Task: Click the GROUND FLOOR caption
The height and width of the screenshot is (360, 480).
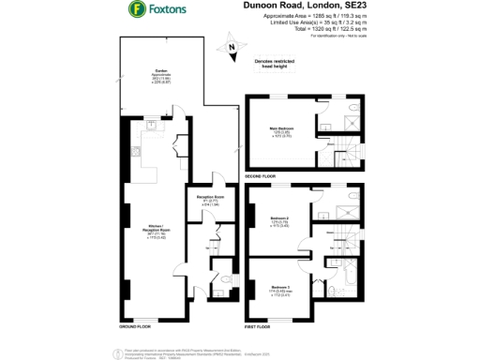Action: [x=137, y=327]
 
